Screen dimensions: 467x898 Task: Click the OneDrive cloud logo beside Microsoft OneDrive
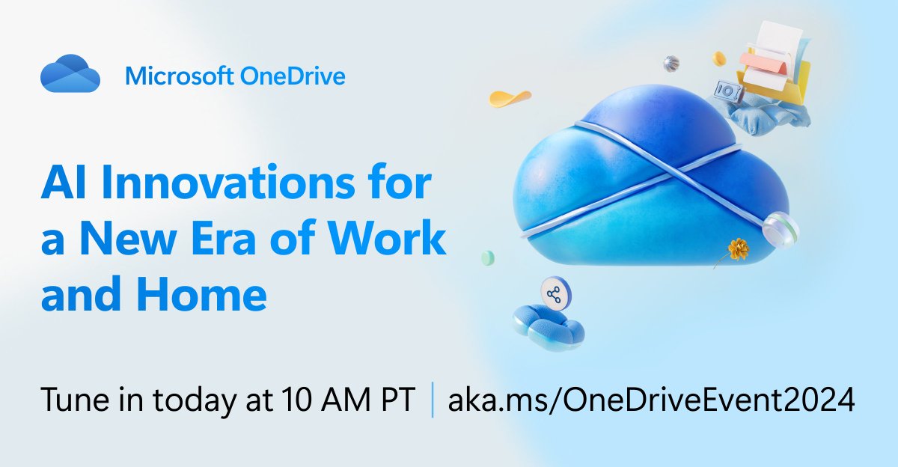point(70,73)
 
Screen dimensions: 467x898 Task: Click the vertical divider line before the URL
point(433,400)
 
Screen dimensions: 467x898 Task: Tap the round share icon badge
point(554,295)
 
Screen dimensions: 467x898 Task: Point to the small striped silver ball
point(671,61)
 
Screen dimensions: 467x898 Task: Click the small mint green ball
point(488,257)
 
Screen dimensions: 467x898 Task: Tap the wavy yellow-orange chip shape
point(510,98)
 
